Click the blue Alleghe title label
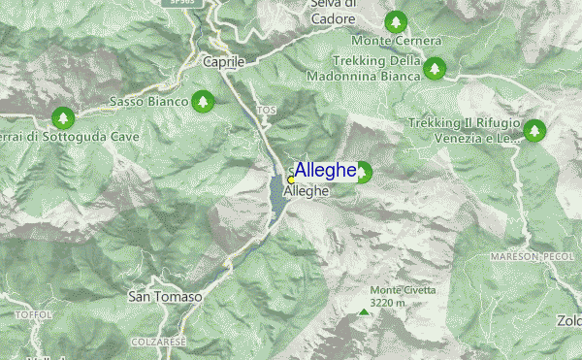point(326,171)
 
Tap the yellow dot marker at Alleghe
point(291,180)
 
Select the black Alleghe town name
point(307,192)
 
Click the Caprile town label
point(224,61)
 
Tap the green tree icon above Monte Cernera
point(395,20)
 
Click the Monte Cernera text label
point(397,42)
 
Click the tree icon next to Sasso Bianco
point(202,100)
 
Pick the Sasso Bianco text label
point(148,101)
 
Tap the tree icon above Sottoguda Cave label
point(63,117)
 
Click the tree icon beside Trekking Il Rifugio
point(534,129)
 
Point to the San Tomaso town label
point(165,297)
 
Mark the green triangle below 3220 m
point(364,311)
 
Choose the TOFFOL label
point(32,315)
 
